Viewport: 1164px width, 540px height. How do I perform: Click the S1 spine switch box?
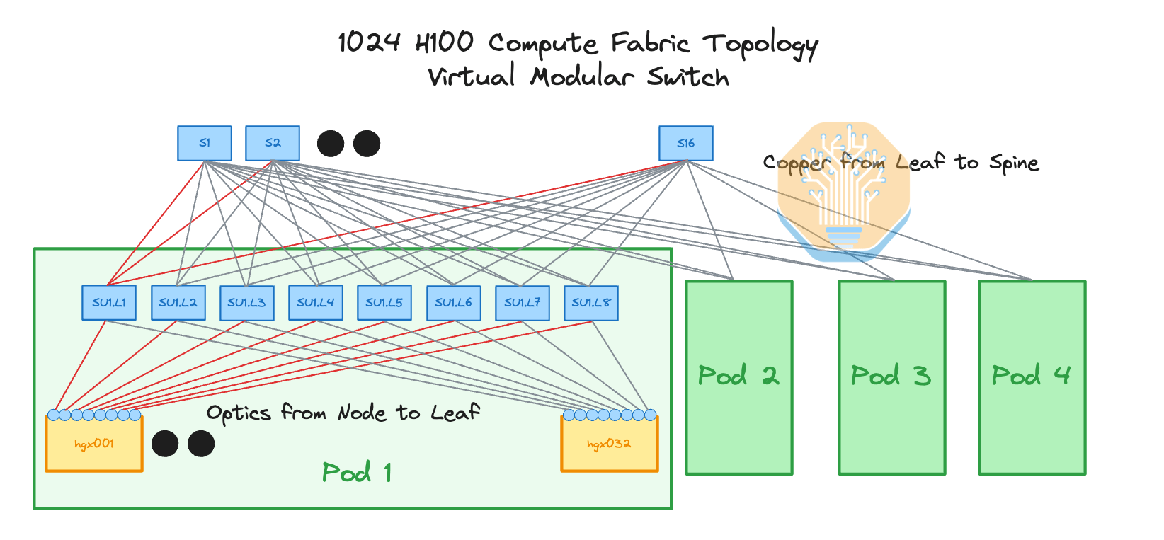204,144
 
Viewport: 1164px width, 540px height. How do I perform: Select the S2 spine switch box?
273,144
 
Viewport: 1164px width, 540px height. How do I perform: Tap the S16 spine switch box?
685,144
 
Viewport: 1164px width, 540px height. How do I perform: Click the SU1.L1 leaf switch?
109,303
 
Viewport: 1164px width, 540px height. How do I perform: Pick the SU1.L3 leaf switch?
246,303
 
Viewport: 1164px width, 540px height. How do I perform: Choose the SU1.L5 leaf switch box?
384,303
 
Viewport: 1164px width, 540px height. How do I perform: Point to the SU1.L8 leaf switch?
591,303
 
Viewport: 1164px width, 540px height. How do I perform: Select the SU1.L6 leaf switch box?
453,303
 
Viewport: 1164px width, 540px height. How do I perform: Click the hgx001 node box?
94,444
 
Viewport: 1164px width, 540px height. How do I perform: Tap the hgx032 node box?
609,444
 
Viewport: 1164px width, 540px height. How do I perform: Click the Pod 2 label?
738,376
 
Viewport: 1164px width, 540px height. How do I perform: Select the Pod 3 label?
891,376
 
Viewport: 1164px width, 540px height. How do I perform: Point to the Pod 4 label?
1031,376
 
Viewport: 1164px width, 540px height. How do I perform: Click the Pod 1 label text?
357,473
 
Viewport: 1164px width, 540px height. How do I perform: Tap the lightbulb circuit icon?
843,188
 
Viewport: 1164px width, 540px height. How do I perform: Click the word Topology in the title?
760,45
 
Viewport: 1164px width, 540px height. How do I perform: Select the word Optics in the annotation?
238,413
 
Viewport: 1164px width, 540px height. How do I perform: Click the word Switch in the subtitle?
687,77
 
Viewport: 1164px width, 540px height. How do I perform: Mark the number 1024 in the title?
369,42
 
